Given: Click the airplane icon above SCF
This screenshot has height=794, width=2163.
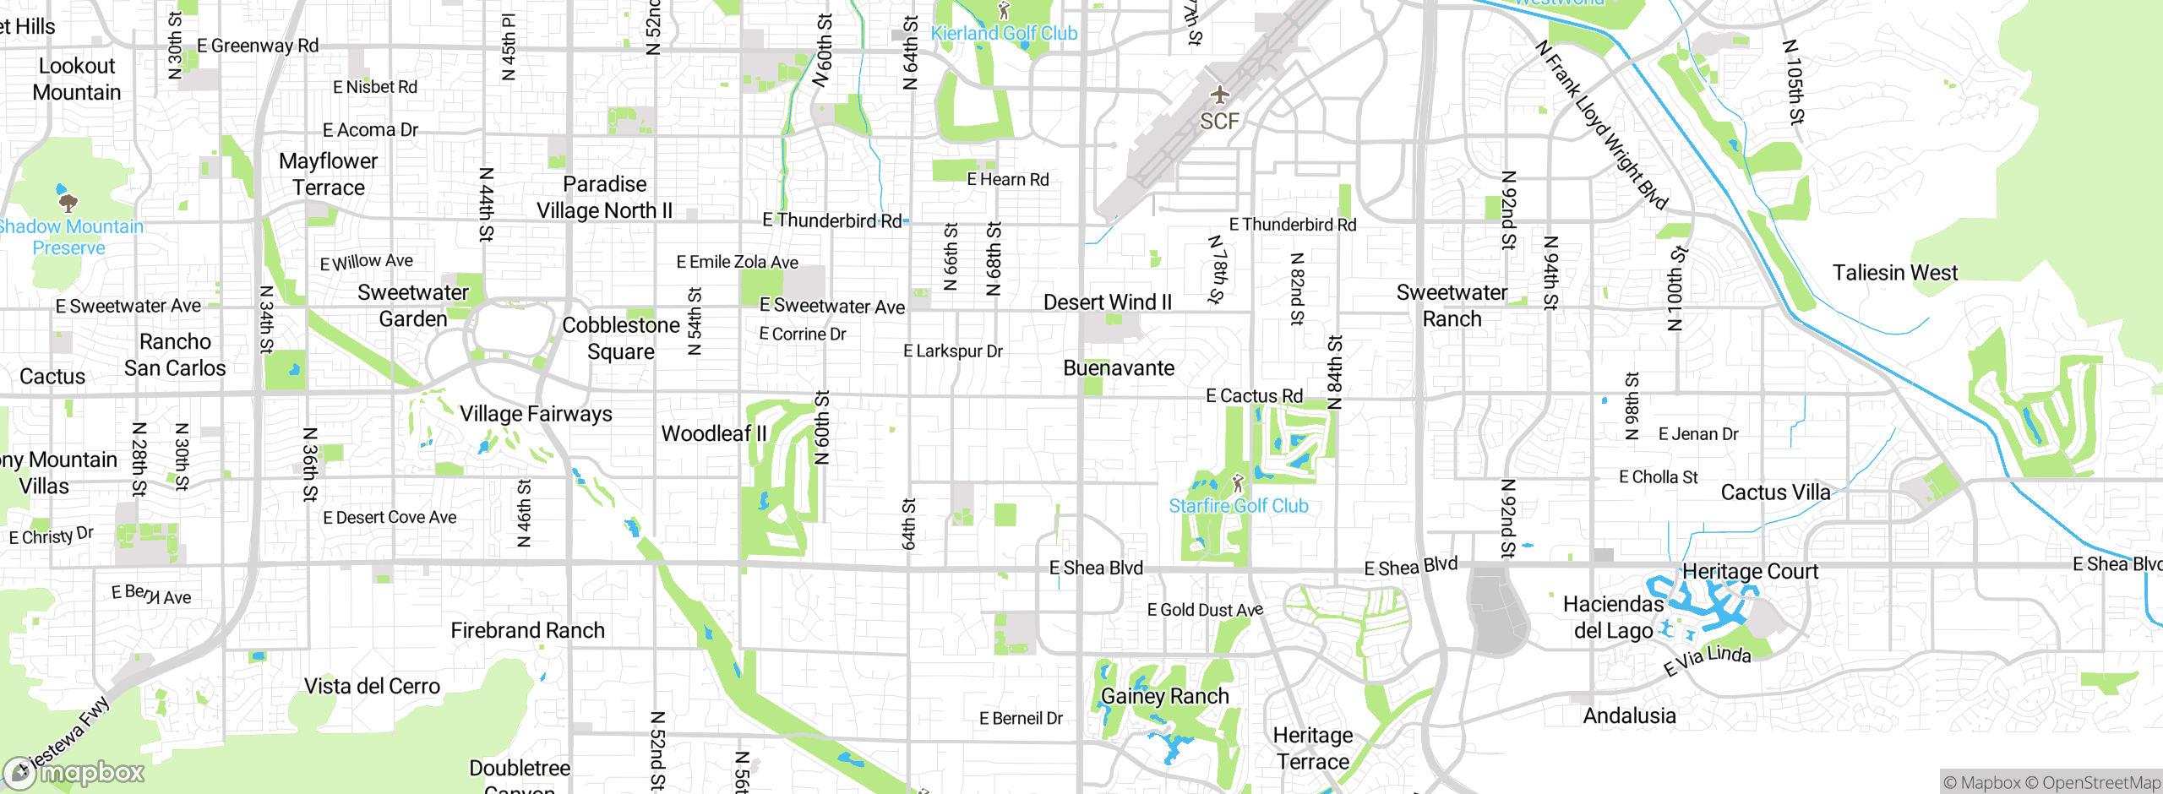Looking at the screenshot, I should click(x=1218, y=94).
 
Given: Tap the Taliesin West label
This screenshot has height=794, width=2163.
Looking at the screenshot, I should click(x=1894, y=273).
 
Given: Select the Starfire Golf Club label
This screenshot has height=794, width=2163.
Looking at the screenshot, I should click(x=1238, y=506).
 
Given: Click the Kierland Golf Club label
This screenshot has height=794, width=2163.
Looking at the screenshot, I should click(x=1004, y=33).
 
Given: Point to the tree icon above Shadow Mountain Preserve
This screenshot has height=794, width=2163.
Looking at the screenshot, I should click(x=68, y=202).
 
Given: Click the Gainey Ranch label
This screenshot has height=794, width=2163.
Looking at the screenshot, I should click(x=1164, y=696).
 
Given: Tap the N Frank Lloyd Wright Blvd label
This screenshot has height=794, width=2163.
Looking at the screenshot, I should click(x=1601, y=125).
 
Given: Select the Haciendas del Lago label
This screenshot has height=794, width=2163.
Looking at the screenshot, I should click(x=1613, y=617).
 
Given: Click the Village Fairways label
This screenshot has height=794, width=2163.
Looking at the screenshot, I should click(x=536, y=414).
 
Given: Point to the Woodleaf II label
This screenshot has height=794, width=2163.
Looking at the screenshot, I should click(x=714, y=433).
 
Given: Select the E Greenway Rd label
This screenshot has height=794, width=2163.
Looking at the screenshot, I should click(x=258, y=46).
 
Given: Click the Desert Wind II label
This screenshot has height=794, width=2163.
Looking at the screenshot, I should click(x=1107, y=302).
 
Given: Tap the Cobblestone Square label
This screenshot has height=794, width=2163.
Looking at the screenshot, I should click(x=621, y=338).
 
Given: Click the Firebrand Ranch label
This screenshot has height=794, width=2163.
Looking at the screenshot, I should click(x=527, y=630).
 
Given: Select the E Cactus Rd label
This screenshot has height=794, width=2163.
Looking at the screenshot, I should click(x=1254, y=396).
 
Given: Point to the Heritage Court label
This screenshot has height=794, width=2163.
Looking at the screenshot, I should click(x=1750, y=572).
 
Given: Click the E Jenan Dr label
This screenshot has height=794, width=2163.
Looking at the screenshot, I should click(x=1697, y=434).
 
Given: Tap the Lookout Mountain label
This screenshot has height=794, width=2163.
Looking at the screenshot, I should click(x=77, y=79).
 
